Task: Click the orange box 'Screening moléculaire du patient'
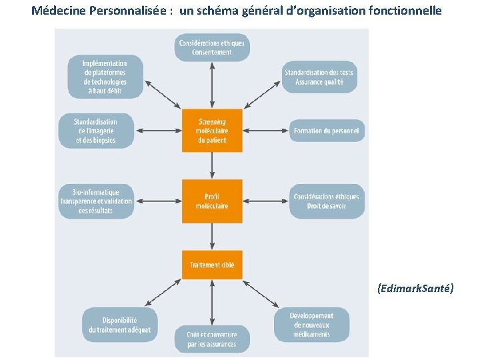[212, 131]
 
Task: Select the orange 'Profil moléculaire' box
[212, 201]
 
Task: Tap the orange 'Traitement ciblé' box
[212, 265]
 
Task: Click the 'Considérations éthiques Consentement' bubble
[212, 47]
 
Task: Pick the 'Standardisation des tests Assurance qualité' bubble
[319, 77]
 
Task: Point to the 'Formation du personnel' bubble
[326, 131]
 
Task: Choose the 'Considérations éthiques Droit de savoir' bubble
[326, 201]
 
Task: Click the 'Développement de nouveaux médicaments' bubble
[311, 325]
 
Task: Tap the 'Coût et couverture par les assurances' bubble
[211, 340]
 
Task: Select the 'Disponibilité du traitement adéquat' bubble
[120, 325]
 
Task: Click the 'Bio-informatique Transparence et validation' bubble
[96, 201]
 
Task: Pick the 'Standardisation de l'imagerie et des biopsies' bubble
[96, 131]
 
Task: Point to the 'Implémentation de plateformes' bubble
[105, 77]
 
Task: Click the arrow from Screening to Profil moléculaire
[212, 165]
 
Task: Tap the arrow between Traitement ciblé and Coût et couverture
[212, 302]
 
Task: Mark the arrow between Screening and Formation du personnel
[265, 131]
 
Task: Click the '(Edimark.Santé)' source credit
[415, 288]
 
